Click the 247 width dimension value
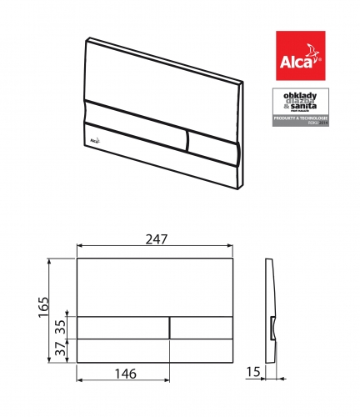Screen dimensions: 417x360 click(x=154, y=239)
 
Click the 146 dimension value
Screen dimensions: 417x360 click(x=123, y=374)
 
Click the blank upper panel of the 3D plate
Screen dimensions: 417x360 click(x=158, y=75)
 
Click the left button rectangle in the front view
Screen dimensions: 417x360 click(x=123, y=327)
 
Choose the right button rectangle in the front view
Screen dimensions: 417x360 click(x=201, y=327)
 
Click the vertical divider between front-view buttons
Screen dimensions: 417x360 click(x=170, y=327)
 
